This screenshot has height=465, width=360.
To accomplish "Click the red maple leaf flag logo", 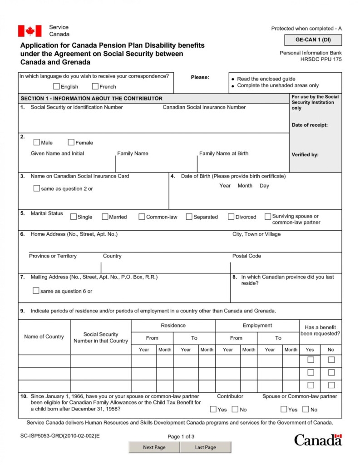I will point(30,31).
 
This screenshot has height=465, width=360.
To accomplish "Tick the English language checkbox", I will point(56,86).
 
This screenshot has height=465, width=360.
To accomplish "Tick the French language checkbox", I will point(95,86).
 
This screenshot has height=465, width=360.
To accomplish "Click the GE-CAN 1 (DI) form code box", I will point(313,40).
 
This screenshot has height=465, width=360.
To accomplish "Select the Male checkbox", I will point(37,142).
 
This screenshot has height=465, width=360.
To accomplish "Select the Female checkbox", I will point(71,142).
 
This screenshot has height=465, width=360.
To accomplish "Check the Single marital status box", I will point(74,217).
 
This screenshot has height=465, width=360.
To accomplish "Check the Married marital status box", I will point(105,217).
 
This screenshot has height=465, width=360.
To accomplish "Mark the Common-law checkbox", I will point(142,217).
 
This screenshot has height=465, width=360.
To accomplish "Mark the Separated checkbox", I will point(189,217).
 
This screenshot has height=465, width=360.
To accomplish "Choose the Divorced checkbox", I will point(231,217).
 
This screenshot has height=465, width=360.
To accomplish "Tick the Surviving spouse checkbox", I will point(268,216).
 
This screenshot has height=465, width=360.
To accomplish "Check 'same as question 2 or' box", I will point(36,188).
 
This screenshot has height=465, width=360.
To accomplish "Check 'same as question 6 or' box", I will point(36,291).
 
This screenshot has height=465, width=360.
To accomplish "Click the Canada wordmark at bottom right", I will point(318,440).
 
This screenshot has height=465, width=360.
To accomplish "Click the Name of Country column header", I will point(44,336).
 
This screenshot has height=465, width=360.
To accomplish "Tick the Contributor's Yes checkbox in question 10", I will point(213,409).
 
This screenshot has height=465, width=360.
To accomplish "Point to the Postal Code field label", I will point(247,256).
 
